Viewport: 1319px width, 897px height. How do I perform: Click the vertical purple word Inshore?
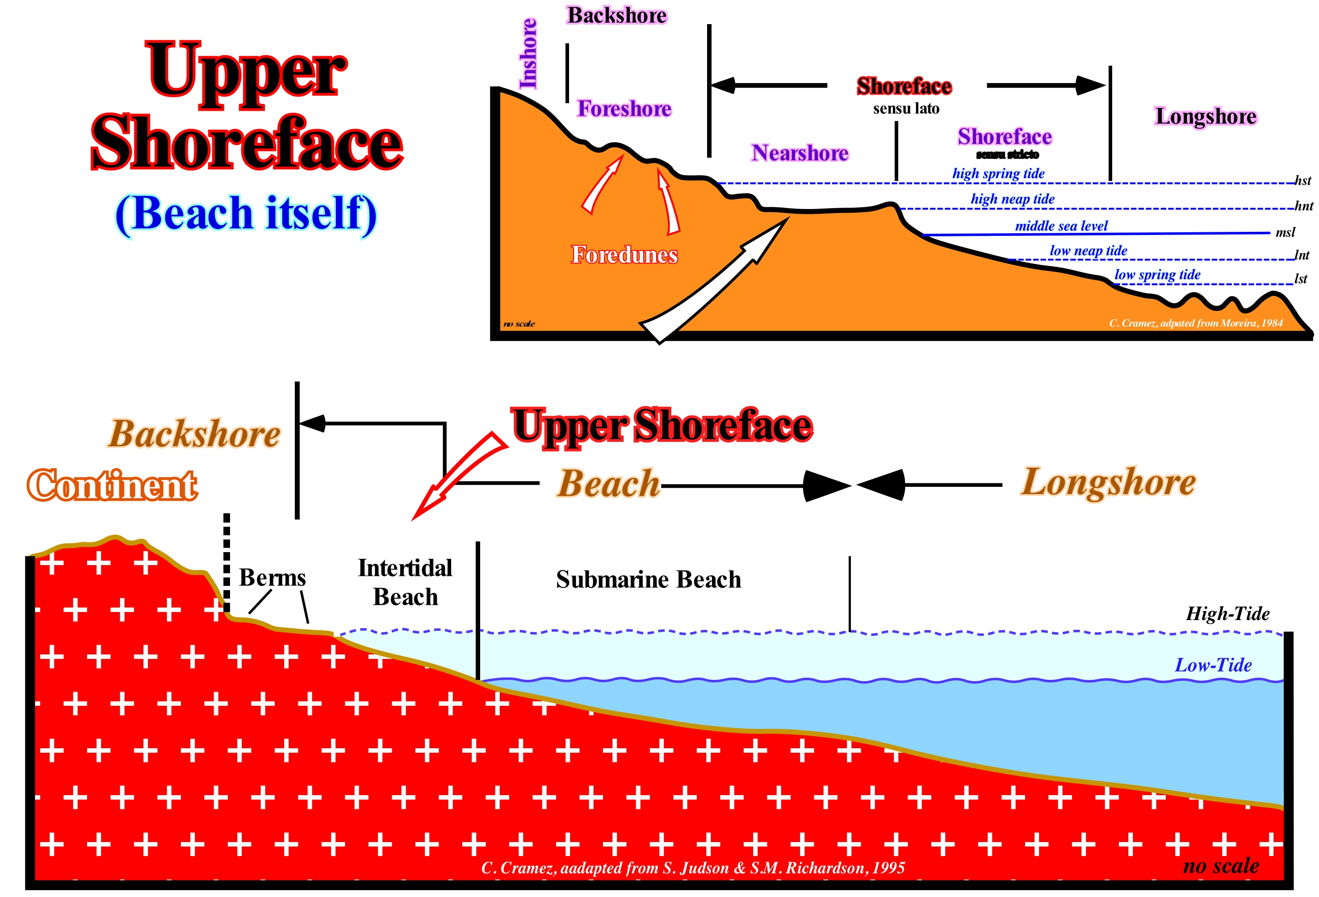point(528,54)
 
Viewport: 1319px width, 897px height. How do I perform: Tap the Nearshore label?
point(800,153)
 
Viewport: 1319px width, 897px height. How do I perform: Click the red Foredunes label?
point(624,255)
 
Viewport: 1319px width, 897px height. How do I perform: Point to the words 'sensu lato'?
point(906,109)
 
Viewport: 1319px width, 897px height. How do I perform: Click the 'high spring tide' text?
point(998,174)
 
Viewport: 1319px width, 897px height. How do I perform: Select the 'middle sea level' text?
point(1061,226)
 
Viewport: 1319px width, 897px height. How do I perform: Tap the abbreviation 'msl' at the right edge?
point(1285,232)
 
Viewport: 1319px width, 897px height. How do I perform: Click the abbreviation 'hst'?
point(1302,180)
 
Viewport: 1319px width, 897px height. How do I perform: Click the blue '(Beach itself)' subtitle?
point(246,214)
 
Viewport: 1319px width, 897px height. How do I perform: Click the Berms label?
point(272,578)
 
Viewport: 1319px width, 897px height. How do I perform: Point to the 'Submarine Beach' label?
point(648,580)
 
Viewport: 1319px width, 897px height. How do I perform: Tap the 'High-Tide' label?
point(1227,614)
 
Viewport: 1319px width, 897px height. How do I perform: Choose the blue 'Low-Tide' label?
point(1213,665)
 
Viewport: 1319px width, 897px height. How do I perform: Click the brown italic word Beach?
point(608,484)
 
